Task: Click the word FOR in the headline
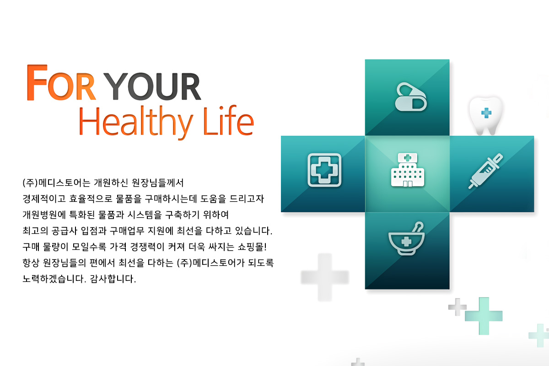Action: (61, 82)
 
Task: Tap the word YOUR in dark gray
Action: (153, 86)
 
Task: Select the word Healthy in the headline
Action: (136, 122)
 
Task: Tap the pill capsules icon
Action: (411, 97)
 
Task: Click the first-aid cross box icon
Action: (324, 170)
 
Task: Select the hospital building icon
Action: (407, 170)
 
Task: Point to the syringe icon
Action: (485, 171)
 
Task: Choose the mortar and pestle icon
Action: (406, 239)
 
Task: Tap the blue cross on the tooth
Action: (486, 113)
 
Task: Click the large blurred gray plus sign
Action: (325, 277)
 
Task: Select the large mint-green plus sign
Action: (484, 316)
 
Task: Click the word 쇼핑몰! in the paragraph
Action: (252, 247)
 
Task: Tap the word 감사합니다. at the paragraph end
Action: (113, 279)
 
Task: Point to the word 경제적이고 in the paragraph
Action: (44, 199)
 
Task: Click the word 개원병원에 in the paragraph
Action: (44, 215)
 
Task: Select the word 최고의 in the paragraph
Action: (35, 231)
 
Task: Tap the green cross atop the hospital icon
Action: (407, 158)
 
